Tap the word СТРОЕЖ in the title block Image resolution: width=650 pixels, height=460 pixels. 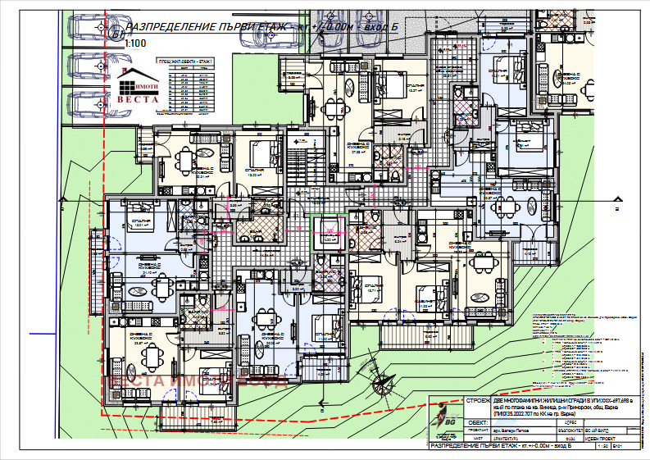tap(478, 401)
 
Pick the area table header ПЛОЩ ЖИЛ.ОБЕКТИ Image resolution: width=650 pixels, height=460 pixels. tap(185, 62)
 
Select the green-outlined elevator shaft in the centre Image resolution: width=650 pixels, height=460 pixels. tap(330, 230)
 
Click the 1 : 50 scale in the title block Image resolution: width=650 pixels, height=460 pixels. tap(602, 448)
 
